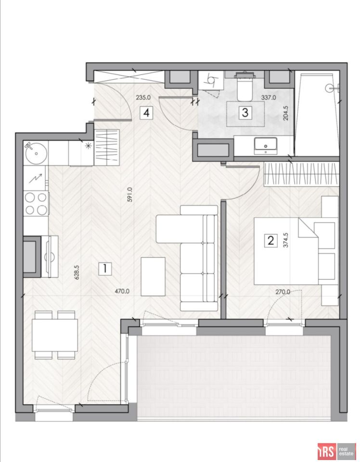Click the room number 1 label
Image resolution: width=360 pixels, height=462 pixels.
point(105,269)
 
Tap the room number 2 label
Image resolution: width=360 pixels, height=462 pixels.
point(271,241)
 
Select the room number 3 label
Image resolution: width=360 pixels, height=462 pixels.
point(245,113)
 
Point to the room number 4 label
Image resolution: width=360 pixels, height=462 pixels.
point(147,113)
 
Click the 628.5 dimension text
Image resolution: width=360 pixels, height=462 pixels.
point(77,272)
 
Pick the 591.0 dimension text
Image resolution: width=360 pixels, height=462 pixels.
point(130,194)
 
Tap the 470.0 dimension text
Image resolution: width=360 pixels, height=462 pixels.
point(122,292)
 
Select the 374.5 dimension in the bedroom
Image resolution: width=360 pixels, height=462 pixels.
point(285,240)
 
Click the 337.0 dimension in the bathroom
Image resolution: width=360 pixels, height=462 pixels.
point(269,97)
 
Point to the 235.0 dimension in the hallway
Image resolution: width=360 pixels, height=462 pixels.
point(143,97)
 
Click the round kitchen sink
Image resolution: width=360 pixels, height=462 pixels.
point(36,153)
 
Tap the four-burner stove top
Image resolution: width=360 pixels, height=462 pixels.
point(36,203)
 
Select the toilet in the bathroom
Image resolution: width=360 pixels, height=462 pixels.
point(244,86)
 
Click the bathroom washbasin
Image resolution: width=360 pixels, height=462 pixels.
point(265,145)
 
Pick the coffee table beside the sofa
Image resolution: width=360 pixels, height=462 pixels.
point(153,276)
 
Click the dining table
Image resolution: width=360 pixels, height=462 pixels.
point(55,335)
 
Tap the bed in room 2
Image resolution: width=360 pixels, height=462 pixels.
point(286,251)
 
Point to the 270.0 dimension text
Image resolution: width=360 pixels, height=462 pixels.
point(283,292)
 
